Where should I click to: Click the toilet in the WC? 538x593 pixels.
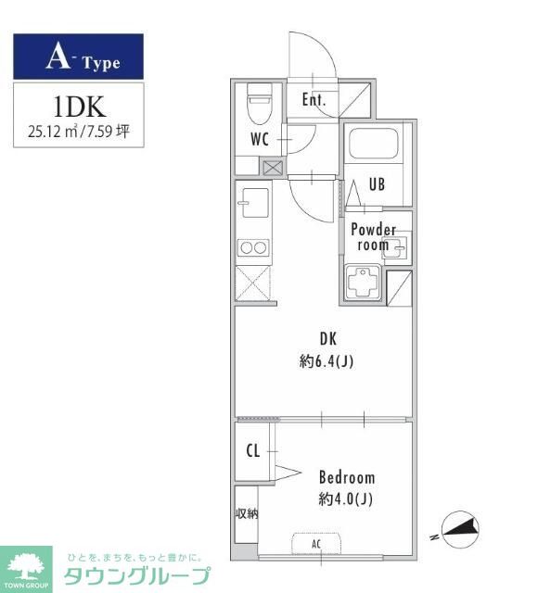coord(260,103)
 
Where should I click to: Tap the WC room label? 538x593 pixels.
coord(260,139)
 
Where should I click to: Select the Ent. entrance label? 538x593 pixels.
coord(314,100)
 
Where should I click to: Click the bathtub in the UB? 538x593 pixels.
coord(374,144)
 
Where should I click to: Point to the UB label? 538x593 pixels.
coord(378,184)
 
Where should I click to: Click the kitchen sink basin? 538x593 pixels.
coord(254,202)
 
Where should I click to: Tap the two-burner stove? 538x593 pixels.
coord(253,248)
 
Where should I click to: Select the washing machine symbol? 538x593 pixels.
coord(363,282)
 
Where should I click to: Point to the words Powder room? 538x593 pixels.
coord(373,237)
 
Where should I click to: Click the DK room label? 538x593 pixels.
coord(327,338)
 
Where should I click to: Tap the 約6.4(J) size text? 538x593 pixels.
coord(327,361)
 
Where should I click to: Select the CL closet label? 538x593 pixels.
coord(253,450)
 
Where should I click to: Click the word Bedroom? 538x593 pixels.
coord(347,477)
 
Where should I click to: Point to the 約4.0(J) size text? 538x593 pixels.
coord(345,499)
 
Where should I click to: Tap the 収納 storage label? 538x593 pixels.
coord(247,513)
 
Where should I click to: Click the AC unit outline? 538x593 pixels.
coord(316,544)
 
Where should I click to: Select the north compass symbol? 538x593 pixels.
coord(460,529)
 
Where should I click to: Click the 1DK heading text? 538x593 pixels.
coord(79,107)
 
